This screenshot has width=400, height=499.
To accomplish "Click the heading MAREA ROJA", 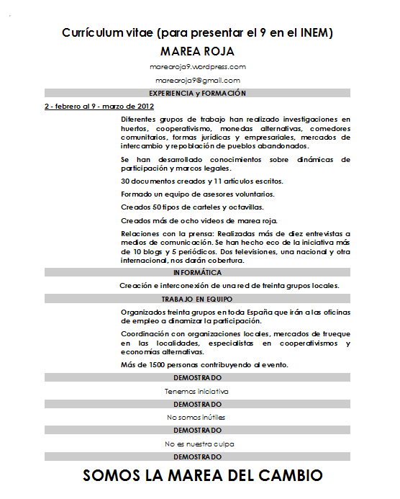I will pyautogui.click(x=197, y=52).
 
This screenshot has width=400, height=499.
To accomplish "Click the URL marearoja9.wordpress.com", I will pyautogui.click(x=197, y=66).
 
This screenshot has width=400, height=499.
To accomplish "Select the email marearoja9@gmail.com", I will pyautogui.click(x=197, y=81).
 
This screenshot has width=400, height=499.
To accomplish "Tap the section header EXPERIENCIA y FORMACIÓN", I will pyautogui.click(x=197, y=94).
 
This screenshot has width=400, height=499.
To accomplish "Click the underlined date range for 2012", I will pyautogui.click(x=99, y=107).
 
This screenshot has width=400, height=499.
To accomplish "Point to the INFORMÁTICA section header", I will pyautogui.click(x=197, y=273).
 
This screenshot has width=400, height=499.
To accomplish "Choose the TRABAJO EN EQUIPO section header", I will pyautogui.click(x=197, y=298).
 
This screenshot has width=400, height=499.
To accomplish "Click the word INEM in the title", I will pyautogui.click(x=314, y=33).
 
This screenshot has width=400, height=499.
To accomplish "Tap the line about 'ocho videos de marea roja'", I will pyautogui.click(x=199, y=220).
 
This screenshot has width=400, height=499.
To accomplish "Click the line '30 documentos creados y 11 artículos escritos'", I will pyautogui.click(x=201, y=181).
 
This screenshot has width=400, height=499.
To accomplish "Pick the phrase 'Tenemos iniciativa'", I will pyautogui.click(x=196, y=392).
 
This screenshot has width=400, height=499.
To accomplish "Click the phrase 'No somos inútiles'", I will pyautogui.click(x=196, y=418).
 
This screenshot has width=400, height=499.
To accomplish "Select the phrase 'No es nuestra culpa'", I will pyautogui.click(x=199, y=444).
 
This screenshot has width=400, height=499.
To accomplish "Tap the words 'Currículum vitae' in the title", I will pyautogui.click(x=106, y=33).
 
